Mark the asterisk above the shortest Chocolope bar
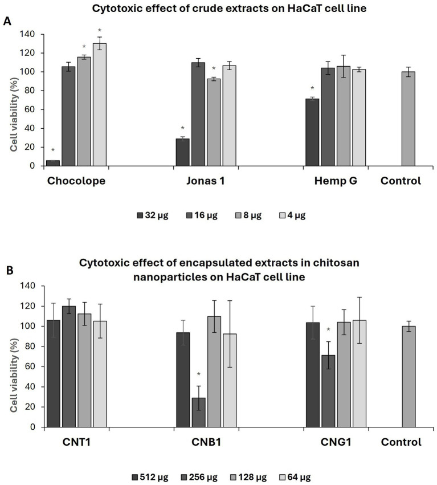(x=53, y=151)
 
